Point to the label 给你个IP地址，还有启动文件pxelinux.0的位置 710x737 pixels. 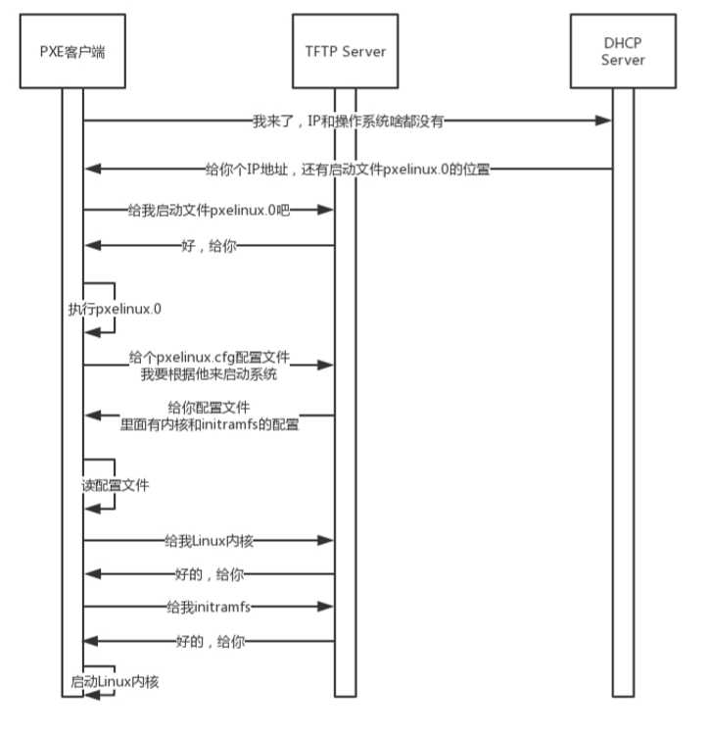(x=348, y=169)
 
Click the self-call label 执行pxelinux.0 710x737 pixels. (x=115, y=309)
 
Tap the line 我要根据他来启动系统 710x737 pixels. (x=210, y=373)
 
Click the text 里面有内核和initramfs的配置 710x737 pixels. (x=210, y=424)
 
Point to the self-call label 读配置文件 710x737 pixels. (x=115, y=485)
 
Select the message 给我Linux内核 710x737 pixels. (x=210, y=540)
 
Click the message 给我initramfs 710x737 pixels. (x=210, y=607)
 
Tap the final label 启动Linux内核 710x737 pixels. (x=115, y=680)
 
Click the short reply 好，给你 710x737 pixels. (x=210, y=247)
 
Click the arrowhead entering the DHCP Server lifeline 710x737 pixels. (x=604, y=121)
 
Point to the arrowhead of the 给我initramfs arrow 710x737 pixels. (x=327, y=607)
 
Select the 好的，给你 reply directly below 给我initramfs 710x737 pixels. (x=210, y=641)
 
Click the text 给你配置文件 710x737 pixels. (x=210, y=407)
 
